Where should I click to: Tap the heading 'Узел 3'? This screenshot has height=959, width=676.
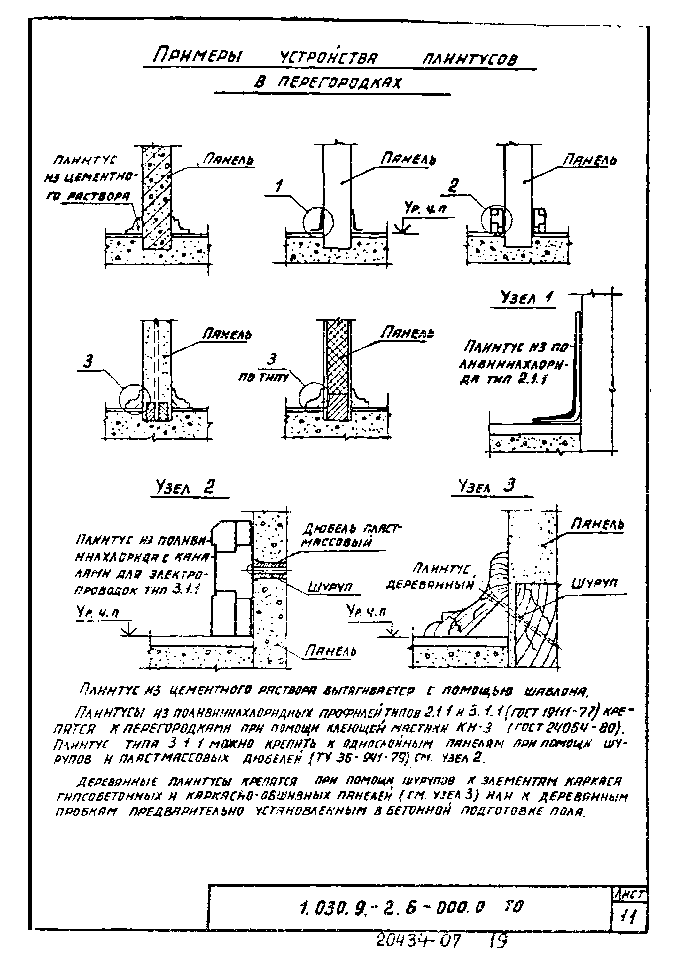[x=486, y=486]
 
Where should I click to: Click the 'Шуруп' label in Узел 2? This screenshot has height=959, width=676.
[x=330, y=588]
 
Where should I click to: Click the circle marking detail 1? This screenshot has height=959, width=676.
[x=319, y=222]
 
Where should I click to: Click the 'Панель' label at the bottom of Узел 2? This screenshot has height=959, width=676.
[x=331, y=651]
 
